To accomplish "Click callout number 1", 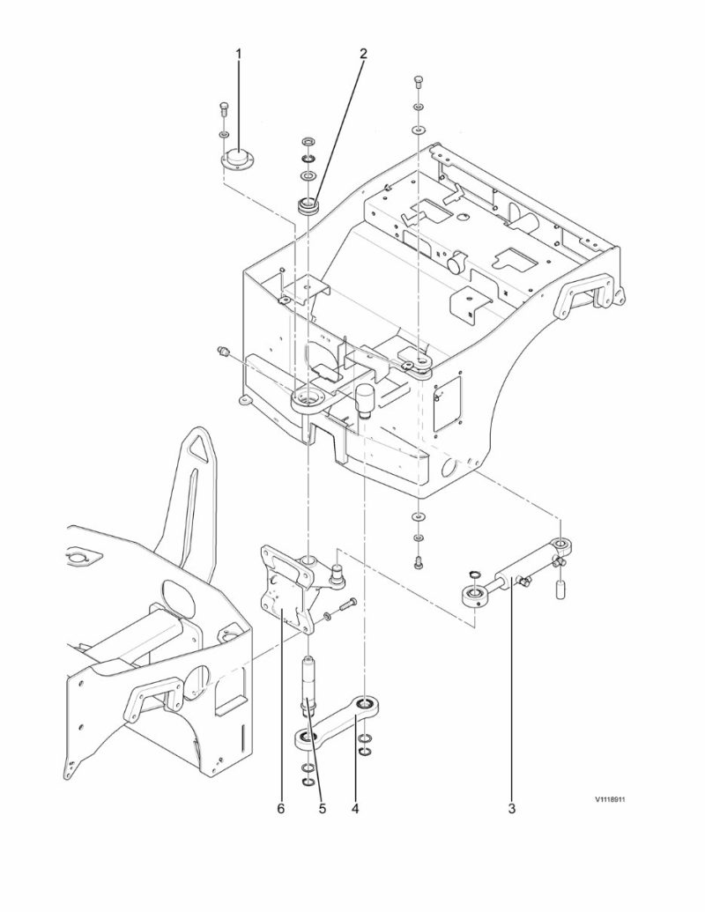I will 238,55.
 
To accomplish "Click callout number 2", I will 363,55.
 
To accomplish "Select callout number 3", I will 513,805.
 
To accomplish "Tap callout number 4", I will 356,805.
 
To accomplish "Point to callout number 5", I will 323,805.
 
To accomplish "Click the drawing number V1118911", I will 616,801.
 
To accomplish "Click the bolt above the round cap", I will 224,111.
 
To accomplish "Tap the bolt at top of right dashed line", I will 417,85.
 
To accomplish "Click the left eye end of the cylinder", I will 474,597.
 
